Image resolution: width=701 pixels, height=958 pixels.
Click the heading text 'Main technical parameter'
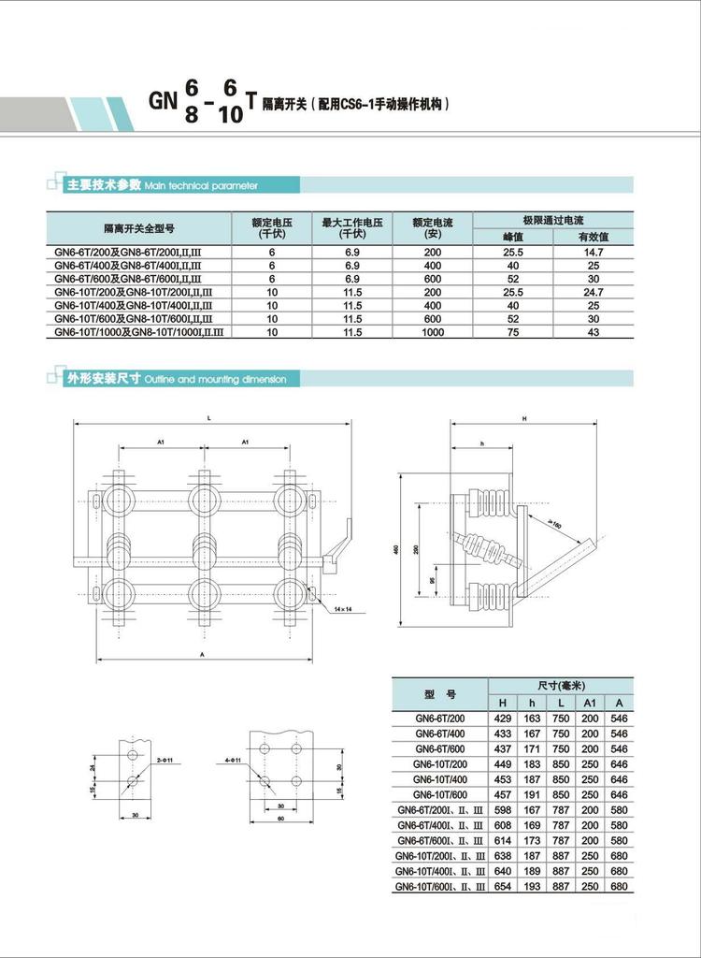coord(200,186)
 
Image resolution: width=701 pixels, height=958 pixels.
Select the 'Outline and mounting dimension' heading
coord(222,380)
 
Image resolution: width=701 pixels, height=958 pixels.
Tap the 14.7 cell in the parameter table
coord(593,253)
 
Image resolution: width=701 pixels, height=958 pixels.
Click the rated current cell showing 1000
coord(432,332)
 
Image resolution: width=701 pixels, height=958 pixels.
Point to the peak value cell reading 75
coord(512,332)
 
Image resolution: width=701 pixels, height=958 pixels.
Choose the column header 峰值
coord(512,238)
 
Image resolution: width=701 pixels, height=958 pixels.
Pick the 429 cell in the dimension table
coord(503,719)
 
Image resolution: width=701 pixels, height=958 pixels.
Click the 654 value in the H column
coord(503,886)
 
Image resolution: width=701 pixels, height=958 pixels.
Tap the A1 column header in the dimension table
coord(590,703)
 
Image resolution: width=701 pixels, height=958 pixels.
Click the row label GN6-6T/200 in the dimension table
coord(439,719)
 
